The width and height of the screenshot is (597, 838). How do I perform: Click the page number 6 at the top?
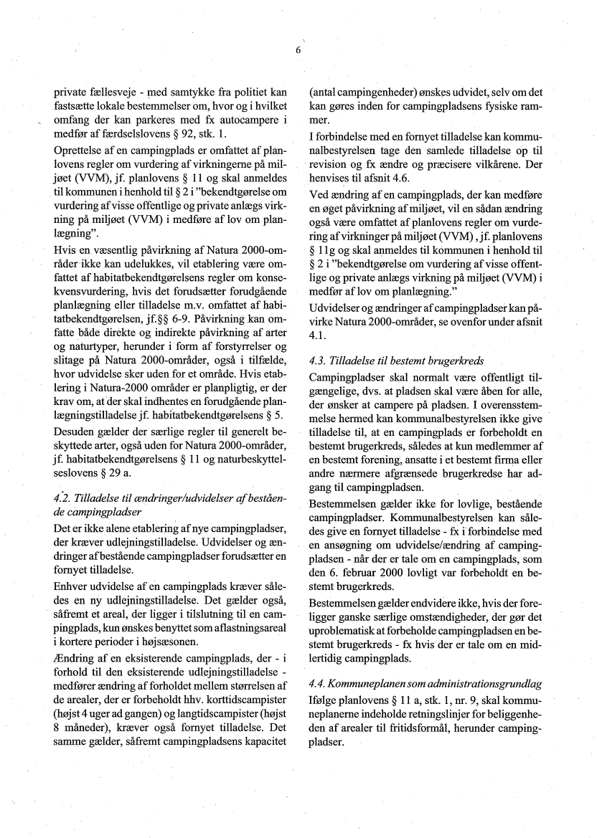click(x=297, y=50)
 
